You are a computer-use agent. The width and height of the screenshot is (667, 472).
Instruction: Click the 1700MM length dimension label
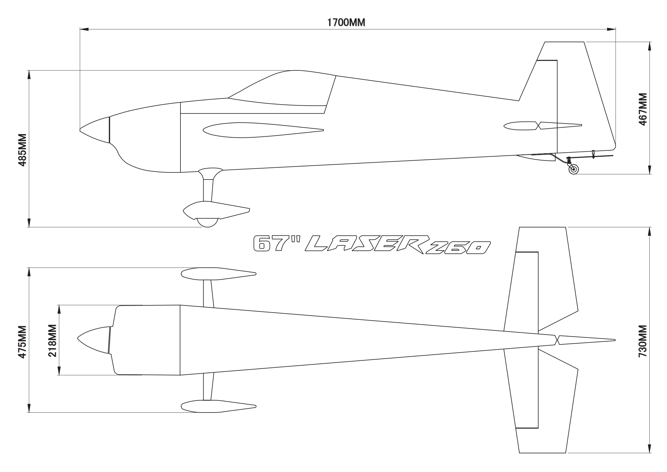coord(346,22)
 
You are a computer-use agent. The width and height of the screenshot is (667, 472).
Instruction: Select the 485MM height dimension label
coord(22,150)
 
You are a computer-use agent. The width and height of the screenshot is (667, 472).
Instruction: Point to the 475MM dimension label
coord(22,342)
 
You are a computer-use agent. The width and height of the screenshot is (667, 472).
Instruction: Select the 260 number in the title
coord(459,248)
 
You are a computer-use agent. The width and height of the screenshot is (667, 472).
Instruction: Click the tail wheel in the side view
coord(573,170)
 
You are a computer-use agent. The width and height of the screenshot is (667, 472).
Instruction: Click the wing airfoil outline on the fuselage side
coord(261,130)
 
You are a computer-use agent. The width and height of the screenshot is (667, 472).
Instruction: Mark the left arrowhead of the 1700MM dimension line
coord(84,29)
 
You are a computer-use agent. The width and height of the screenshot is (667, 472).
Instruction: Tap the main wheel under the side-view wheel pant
coord(207,223)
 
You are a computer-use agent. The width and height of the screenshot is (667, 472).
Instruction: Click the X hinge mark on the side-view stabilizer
coord(538,126)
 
